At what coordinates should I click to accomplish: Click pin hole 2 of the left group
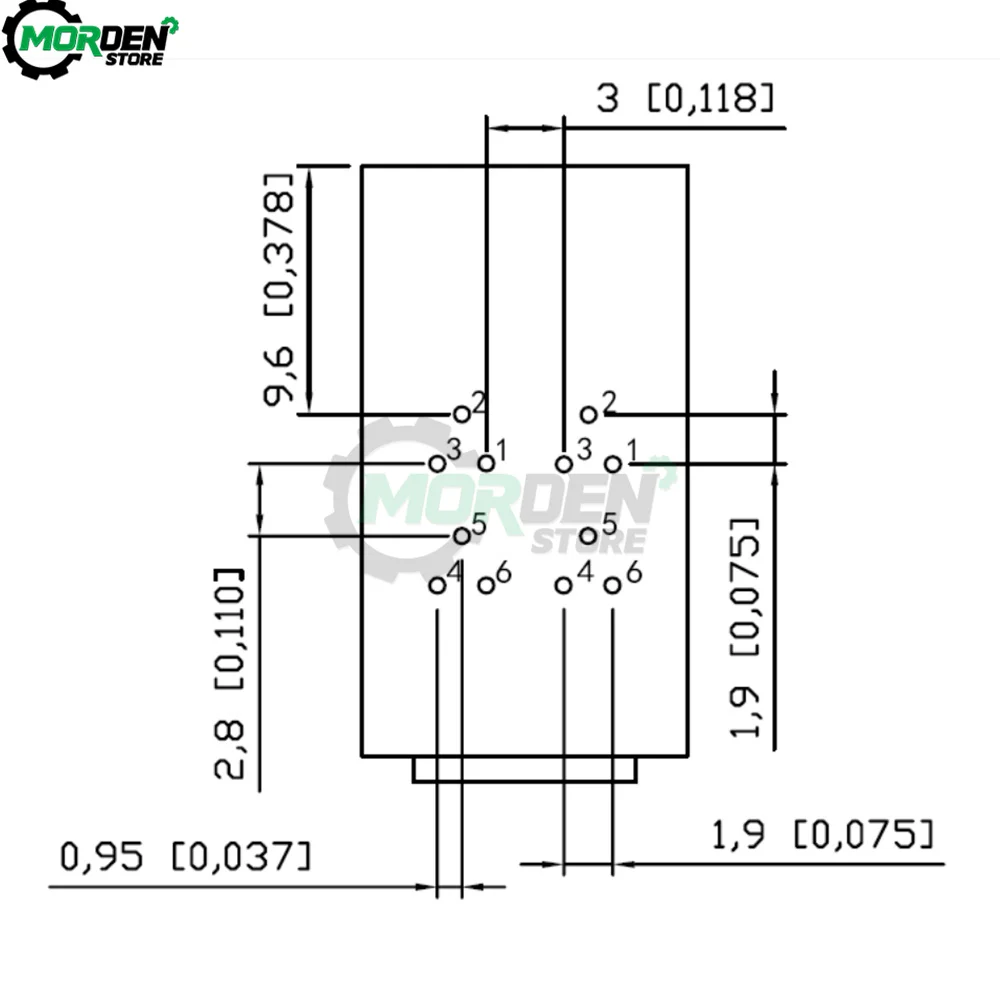[x=462, y=415]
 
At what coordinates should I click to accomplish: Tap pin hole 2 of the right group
[x=588, y=415]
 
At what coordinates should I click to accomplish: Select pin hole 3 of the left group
[x=437, y=464]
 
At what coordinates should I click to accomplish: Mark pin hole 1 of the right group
[x=613, y=464]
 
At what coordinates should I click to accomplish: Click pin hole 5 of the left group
[x=462, y=536]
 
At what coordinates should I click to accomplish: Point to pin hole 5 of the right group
[x=588, y=536]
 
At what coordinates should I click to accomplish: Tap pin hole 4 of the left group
[x=437, y=584]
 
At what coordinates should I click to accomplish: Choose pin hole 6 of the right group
[x=612, y=584]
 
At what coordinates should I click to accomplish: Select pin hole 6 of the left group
[x=486, y=584]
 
